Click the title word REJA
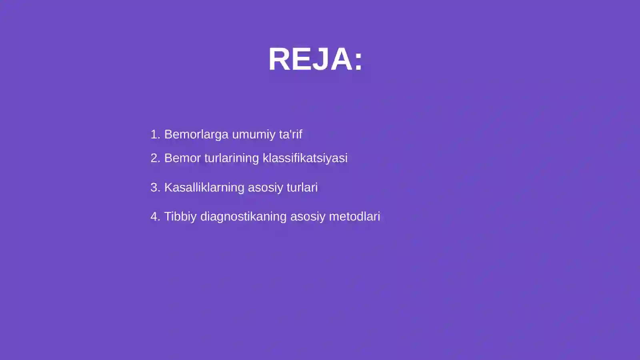310,59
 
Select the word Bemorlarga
196,134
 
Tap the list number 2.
154,158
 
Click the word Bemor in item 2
182,158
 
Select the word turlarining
232,158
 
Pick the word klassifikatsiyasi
305,158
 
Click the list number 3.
154,187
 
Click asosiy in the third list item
265,188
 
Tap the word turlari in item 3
302,187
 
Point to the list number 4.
154,216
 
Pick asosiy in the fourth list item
308,217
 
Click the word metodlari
354,216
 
